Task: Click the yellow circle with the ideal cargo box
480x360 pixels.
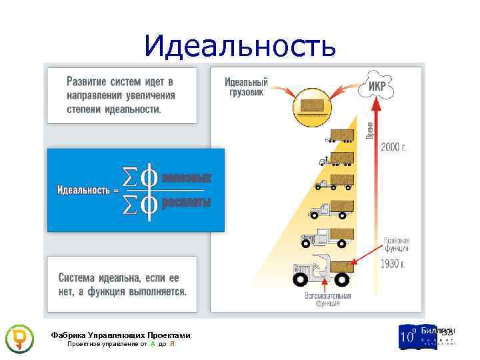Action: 312,105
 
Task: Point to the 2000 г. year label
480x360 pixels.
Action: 394,147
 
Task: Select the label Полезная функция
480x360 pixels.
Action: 396,244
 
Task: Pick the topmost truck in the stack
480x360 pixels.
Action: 340,136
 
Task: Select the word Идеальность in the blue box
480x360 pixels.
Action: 83,191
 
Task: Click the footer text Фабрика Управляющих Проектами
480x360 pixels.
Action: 121,335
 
